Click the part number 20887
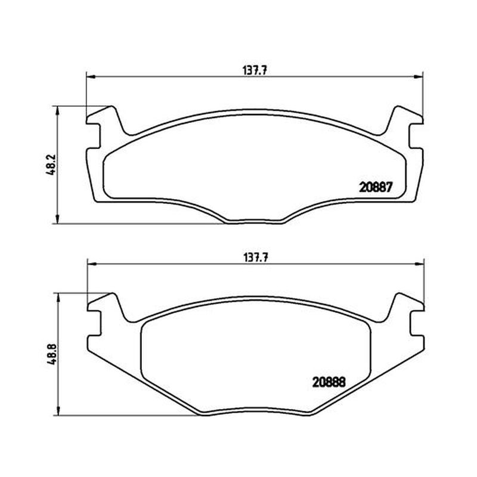click(376, 187)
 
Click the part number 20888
click(329, 382)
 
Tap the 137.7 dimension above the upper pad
click(255, 70)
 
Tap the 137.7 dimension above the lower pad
click(256, 258)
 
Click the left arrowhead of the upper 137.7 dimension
click(91, 77)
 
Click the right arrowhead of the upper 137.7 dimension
click(419, 77)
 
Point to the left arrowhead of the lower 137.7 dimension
click(92, 264)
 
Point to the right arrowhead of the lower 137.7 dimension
click(420, 264)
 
